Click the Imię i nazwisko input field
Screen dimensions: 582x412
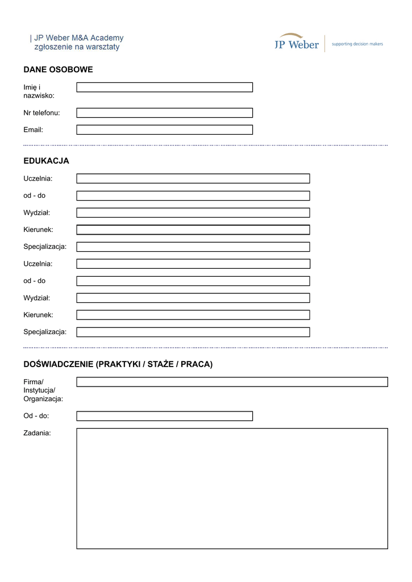point(164,88)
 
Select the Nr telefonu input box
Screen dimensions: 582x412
point(164,113)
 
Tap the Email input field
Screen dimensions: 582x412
point(164,130)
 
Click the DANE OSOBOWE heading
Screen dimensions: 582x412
point(58,70)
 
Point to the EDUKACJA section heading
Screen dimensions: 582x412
point(46,161)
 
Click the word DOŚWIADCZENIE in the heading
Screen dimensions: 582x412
point(59,364)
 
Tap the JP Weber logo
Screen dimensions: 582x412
point(297,42)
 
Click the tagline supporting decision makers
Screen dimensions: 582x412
point(357,43)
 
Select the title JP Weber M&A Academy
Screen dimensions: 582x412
point(78,38)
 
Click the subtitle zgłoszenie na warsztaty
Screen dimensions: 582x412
point(77,47)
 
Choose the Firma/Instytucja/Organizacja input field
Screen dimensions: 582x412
point(232,382)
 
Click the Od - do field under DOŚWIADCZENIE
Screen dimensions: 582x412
point(164,416)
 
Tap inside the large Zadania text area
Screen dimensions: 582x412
point(232,488)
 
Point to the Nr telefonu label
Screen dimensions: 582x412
point(41,113)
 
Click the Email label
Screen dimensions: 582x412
point(33,130)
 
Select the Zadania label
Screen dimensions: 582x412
point(37,433)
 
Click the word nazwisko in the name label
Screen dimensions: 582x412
point(39,95)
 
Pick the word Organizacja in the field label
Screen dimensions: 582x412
point(43,399)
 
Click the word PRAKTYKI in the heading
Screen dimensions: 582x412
point(119,364)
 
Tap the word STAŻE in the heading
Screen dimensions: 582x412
point(161,364)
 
